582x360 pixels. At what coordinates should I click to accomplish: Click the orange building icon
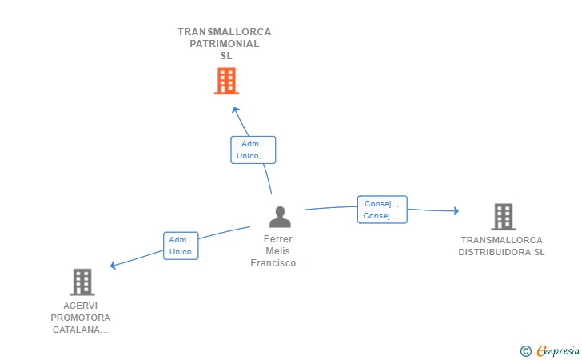(226, 81)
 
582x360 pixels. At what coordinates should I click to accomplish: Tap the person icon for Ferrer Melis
(280, 217)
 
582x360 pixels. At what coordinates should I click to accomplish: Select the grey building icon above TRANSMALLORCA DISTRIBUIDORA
(504, 217)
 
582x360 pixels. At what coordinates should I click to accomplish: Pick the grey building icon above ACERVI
(82, 282)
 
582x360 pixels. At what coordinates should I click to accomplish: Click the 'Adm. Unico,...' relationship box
(253, 150)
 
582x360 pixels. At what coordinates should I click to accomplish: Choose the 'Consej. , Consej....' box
(382, 210)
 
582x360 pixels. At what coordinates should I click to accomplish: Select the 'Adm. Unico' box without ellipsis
(181, 246)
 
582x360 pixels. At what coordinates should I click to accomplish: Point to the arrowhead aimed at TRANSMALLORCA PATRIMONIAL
(235, 110)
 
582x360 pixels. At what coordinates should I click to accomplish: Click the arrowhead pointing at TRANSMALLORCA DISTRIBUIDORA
(456, 211)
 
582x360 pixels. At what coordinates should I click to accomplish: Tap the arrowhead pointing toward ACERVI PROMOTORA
(114, 265)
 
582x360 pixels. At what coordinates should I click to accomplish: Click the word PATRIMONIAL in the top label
(225, 44)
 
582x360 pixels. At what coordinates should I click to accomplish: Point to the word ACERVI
(81, 306)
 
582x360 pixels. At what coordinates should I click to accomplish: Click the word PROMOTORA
(81, 318)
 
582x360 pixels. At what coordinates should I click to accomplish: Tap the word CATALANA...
(76, 330)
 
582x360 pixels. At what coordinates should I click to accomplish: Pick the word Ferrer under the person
(278, 239)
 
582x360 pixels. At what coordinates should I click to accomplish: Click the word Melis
(277, 250)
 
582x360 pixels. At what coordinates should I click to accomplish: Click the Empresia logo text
(558, 351)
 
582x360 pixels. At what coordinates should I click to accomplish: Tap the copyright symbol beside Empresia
(526, 351)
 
